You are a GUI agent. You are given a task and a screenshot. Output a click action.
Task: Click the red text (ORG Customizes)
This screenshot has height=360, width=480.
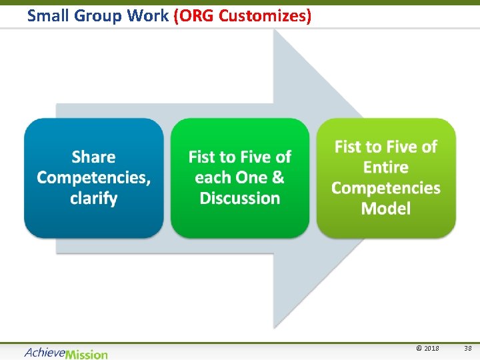[x=243, y=15]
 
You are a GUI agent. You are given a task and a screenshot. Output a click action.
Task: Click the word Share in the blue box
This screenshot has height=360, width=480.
[x=93, y=157]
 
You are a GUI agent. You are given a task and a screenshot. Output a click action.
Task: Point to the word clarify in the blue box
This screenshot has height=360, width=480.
[x=93, y=199]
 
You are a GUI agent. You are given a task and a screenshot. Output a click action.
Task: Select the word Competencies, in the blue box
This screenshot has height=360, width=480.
[x=93, y=178]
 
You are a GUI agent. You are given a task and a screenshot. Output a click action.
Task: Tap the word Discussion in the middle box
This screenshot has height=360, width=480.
[x=240, y=199]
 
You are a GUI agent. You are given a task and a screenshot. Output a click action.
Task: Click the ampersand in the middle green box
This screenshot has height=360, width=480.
[x=277, y=178]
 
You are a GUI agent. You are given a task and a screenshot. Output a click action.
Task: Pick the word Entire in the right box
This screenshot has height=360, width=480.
[x=386, y=167]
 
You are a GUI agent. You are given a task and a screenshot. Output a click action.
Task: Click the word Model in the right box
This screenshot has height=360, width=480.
[x=386, y=209]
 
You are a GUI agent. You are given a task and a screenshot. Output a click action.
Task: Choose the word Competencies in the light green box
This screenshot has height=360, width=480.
[x=386, y=188]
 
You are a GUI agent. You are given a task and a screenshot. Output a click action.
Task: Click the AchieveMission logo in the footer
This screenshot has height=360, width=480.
[x=66, y=353]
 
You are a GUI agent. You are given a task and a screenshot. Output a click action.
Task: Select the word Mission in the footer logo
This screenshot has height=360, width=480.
[x=87, y=353]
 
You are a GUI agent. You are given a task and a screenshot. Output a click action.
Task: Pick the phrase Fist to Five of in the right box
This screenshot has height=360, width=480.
[x=386, y=147]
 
